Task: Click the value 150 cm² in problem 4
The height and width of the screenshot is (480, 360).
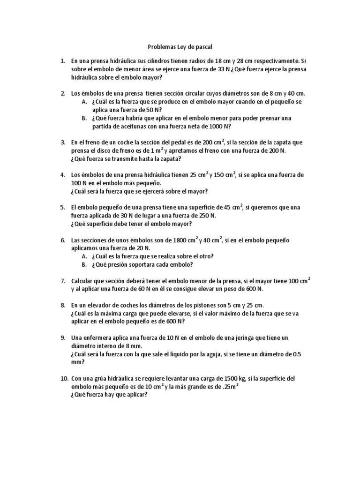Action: pos(224,175)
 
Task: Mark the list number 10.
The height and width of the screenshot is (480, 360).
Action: pos(64,378)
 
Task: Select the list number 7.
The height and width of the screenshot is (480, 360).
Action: pos(63,280)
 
